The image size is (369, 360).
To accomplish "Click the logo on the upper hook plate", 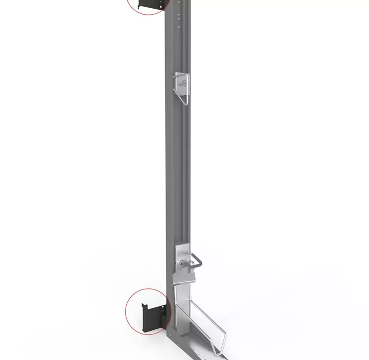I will (183, 84).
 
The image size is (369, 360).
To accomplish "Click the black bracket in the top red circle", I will (152, 5).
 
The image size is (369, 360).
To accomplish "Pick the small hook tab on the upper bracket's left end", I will (141, 6).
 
